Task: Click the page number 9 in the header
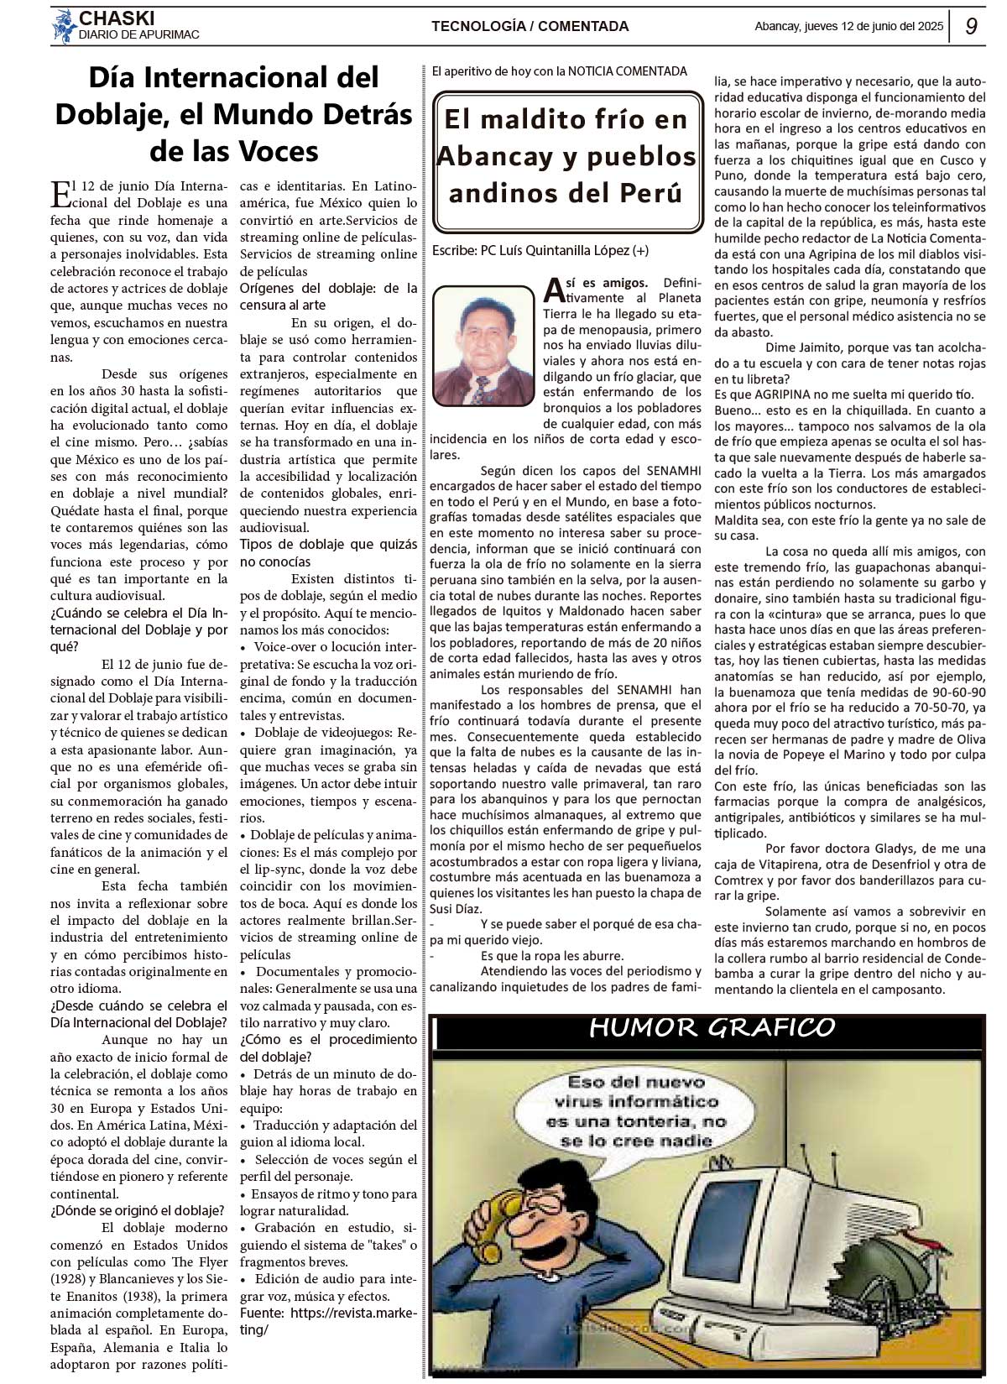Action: click(x=972, y=26)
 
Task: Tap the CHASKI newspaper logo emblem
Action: click(x=63, y=26)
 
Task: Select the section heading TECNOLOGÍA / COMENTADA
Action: click(x=530, y=26)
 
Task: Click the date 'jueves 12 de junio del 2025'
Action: click(x=873, y=26)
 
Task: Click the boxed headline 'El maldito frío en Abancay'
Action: click(x=567, y=156)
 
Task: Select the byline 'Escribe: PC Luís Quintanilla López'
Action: click(x=540, y=250)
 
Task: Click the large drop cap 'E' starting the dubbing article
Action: click(x=61, y=195)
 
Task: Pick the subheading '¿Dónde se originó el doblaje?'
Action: click(x=137, y=1210)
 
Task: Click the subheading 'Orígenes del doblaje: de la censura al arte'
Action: click(x=328, y=296)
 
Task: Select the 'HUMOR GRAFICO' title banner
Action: click(x=712, y=1027)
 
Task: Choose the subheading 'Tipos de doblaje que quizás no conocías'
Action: click(x=328, y=553)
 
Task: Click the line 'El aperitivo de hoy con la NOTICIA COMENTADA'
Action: click(x=559, y=71)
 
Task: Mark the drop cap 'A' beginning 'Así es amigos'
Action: click(x=554, y=290)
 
